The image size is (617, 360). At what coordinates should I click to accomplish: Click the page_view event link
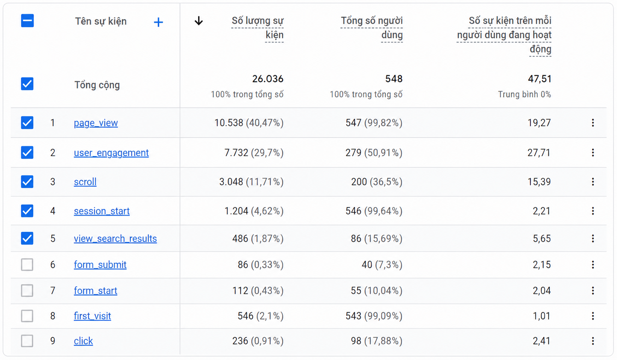click(96, 123)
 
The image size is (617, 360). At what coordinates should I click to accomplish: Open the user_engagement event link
click(111, 153)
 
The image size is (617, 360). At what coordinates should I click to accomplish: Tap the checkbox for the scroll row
click(27, 182)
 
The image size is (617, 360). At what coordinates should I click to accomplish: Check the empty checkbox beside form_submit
click(27, 265)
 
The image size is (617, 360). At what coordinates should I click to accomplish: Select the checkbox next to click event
click(27, 341)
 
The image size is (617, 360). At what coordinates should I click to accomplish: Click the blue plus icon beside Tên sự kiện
click(158, 22)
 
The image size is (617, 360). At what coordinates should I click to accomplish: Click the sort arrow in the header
click(199, 21)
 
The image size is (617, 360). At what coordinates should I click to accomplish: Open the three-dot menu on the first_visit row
click(593, 316)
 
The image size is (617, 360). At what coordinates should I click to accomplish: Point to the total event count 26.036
click(268, 79)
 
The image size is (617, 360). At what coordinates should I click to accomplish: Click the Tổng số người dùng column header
click(371, 28)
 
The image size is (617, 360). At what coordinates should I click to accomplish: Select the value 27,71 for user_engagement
click(539, 153)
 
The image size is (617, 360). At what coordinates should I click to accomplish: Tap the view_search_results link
click(115, 238)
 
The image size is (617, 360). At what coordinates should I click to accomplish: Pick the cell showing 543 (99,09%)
click(374, 316)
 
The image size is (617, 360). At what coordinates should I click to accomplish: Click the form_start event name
click(96, 290)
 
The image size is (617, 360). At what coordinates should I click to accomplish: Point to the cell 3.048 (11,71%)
click(251, 182)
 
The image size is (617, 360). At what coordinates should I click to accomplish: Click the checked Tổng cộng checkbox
click(27, 84)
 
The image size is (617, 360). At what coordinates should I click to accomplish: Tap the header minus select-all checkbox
click(27, 21)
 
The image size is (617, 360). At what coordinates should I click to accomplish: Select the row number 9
click(53, 341)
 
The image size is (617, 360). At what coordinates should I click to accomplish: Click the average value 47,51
click(540, 79)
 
